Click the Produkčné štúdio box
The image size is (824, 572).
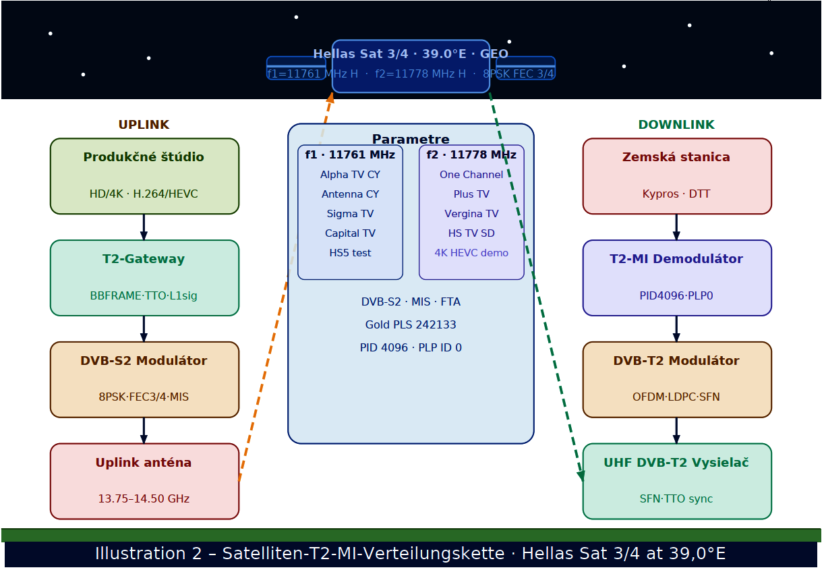(x=144, y=176)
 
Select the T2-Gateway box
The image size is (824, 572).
(x=144, y=278)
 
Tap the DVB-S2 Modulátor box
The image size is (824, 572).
(x=144, y=380)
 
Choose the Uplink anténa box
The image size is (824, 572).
(x=144, y=481)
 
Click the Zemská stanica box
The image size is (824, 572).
(x=677, y=176)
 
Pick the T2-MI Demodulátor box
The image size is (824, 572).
(x=677, y=278)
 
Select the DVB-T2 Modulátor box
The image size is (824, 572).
(x=677, y=380)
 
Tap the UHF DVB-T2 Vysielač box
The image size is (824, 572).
(x=677, y=481)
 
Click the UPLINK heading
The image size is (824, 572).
(x=144, y=125)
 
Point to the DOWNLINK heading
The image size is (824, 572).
(x=676, y=125)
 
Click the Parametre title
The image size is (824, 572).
(x=411, y=139)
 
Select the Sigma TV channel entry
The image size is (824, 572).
(x=350, y=214)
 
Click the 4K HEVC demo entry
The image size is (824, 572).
(x=471, y=253)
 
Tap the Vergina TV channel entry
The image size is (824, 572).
(x=471, y=214)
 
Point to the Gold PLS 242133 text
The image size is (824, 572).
(x=411, y=324)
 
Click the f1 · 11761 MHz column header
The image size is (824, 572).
(x=350, y=154)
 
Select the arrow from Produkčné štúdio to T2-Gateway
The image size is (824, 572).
(x=144, y=227)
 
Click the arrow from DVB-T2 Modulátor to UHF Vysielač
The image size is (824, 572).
(x=676, y=430)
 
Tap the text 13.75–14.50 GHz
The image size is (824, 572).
(x=144, y=499)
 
